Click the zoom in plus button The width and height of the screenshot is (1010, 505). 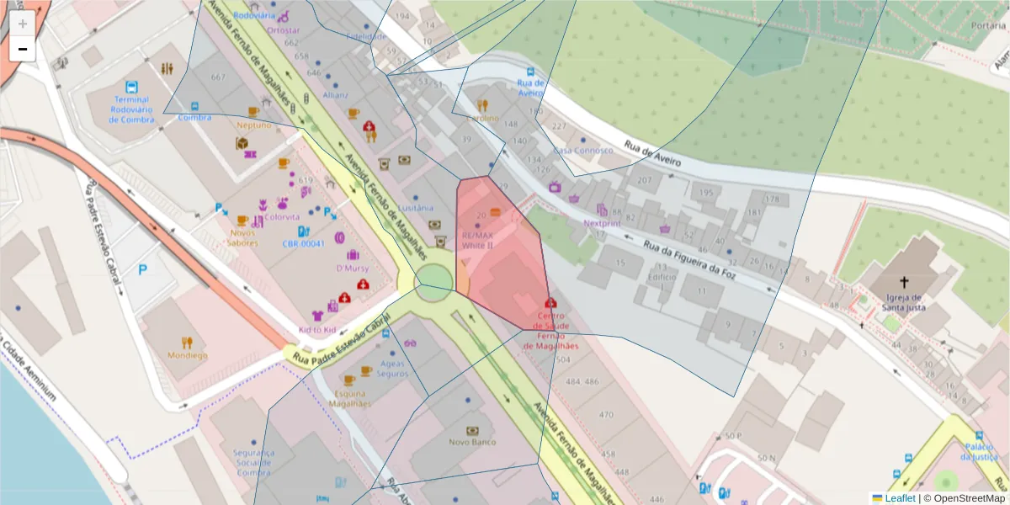pos(23,24)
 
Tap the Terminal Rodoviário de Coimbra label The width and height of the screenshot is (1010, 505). pos(131,109)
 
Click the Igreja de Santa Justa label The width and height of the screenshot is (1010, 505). pos(905,301)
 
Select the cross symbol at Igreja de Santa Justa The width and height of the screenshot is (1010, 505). pos(905,283)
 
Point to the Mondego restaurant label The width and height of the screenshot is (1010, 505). pos(187,355)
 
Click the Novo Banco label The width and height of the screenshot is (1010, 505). pos(472,442)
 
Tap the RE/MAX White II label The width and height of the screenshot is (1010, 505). pos(477,240)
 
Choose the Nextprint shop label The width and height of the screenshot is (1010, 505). pos(603,224)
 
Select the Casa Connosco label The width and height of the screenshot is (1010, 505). pos(582,151)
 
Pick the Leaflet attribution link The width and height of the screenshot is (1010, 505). pos(899,498)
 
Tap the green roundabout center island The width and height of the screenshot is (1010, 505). pos(434,280)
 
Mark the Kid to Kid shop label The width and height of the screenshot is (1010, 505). pos(317,329)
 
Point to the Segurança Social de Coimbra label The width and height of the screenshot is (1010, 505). pos(253,462)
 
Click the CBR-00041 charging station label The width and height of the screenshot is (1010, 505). pos(304,243)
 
